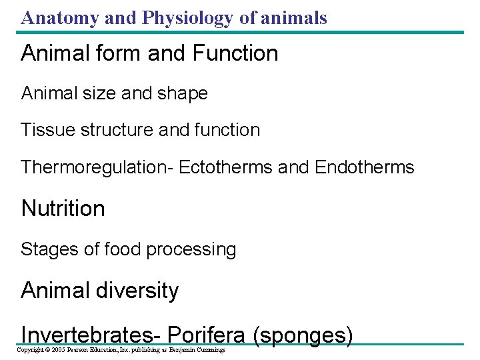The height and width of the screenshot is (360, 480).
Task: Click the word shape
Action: click(183, 93)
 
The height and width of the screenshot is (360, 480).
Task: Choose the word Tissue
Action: click(48, 129)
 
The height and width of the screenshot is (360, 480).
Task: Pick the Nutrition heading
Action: click(63, 209)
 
